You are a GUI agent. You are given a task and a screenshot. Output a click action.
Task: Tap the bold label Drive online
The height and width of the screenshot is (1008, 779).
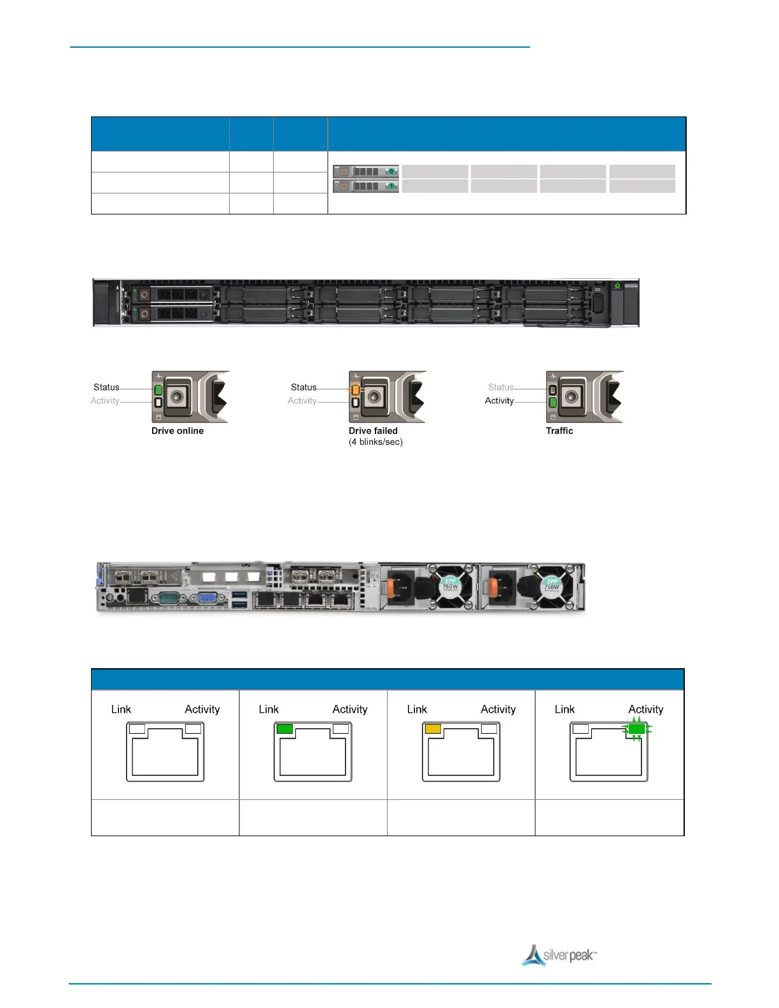pos(178,431)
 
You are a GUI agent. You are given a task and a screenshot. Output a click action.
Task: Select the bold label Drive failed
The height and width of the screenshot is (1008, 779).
pos(373,431)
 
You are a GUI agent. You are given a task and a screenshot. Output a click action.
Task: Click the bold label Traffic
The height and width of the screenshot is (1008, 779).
pos(559,431)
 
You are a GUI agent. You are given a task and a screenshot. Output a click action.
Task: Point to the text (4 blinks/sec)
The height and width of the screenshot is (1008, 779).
pos(375,442)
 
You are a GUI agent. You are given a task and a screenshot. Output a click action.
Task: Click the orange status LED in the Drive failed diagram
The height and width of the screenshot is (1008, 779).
pos(355,390)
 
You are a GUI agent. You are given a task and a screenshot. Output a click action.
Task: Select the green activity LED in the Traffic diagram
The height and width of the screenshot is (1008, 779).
pos(552,402)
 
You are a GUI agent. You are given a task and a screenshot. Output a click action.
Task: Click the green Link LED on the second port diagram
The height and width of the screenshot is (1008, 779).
pos(284,729)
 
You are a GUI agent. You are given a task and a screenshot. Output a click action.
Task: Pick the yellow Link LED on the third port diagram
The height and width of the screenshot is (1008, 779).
pos(433,729)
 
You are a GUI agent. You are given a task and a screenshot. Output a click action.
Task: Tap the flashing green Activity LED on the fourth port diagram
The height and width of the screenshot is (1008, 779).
pos(636,729)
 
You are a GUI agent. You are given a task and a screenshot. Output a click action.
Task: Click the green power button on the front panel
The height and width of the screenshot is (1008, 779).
pos(617,286)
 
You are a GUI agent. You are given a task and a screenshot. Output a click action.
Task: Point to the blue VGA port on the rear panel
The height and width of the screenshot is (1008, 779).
pos(207,598)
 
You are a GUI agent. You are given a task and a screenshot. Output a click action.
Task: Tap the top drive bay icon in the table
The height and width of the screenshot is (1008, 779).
pos(366,171)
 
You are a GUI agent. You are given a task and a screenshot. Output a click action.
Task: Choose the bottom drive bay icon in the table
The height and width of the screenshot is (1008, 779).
pos(366,186)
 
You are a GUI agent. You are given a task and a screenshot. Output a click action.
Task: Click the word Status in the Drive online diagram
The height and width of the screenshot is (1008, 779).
pos(106,387)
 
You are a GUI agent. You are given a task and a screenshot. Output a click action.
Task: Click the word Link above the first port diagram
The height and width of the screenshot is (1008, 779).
pos(121,709)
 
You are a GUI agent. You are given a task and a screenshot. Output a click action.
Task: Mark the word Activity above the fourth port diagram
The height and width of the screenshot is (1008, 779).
pos(645,709)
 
